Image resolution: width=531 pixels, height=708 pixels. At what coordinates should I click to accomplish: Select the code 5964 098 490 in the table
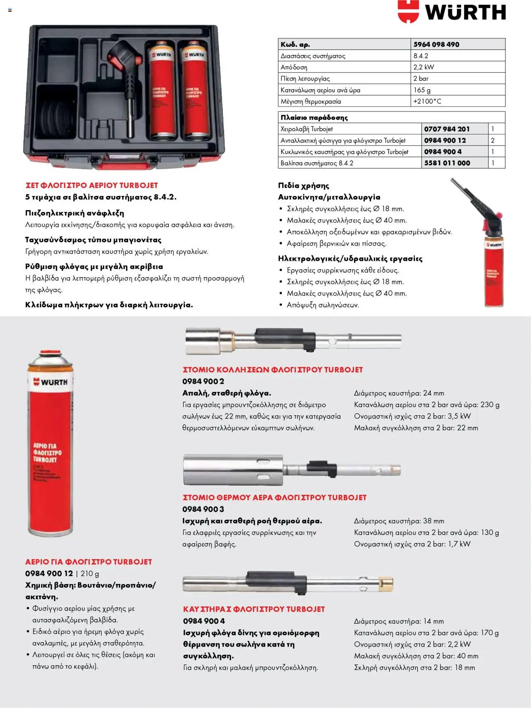click(x=436, y=44)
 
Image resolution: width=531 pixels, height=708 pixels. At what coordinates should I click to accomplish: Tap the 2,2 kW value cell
click(x=424, y=67)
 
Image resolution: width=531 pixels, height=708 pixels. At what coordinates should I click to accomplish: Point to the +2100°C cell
click(x=427, y=101)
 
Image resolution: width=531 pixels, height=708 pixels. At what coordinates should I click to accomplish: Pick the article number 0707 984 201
click(x=447, y=129)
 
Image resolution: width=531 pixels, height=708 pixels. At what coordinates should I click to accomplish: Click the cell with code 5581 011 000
click(x=447, y=163)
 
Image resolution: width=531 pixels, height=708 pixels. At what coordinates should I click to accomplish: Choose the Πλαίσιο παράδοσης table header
click(x=314, y=117)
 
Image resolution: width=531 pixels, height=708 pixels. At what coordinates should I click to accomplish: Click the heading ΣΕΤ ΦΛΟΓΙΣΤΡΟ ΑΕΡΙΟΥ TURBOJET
click(x=92, y=185)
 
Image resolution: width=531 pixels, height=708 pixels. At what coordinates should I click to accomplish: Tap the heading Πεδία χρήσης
click(x=303, y=185)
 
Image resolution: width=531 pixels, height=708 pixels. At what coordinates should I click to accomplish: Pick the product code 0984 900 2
click(x=203, y=381)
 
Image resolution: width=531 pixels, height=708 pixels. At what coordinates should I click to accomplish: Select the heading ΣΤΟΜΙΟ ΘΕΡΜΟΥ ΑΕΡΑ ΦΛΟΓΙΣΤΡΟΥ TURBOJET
click(x=275, y=497)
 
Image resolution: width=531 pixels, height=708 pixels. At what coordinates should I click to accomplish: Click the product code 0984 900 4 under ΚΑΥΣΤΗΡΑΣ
click(x=204, y=621)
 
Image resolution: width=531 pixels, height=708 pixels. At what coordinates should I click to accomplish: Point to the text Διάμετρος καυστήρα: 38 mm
click(x=399, y=521)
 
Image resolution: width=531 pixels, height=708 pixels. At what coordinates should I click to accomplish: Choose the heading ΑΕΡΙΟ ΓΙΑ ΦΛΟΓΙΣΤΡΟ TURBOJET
click(x=88, y=562)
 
